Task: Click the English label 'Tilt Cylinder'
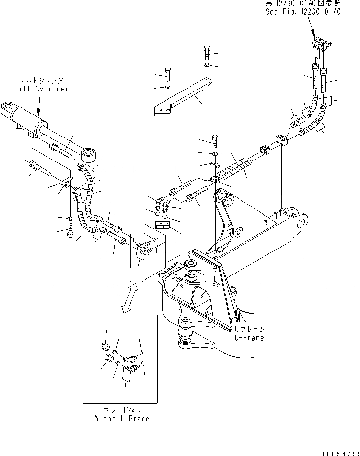pos(41,89)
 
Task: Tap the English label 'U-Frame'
pos(248,338)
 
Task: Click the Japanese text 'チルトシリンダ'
pos(41,80)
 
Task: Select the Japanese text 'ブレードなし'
pos(122,410)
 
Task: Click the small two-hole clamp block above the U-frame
pos(162,225)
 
